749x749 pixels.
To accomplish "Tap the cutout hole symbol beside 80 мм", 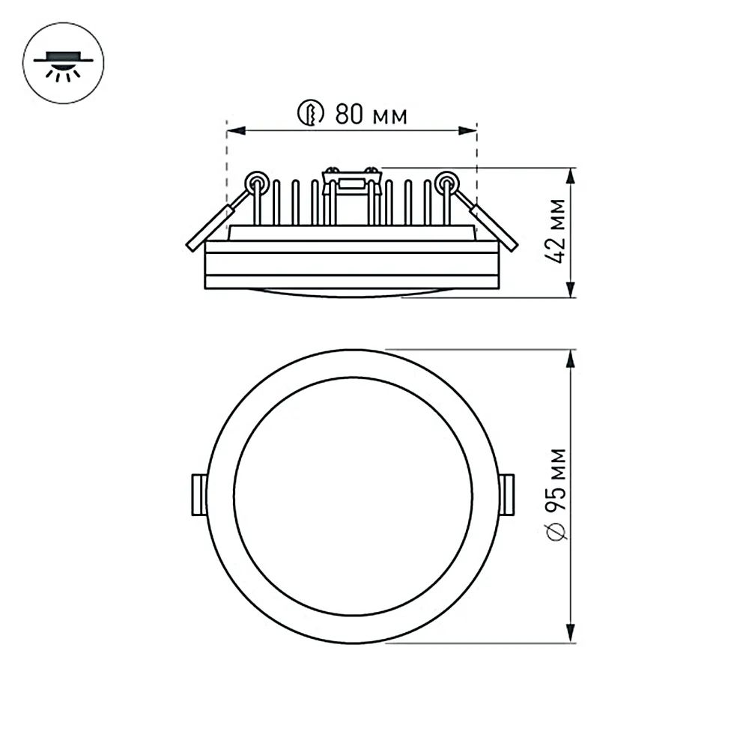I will [x=310, y=114].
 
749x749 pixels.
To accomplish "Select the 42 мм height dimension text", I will [x=557, y=231].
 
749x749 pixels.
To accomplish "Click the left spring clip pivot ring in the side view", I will [x=257, y=181].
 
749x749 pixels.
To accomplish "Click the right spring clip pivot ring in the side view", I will [x=447, y=181].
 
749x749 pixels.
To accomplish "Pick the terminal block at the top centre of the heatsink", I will [x=351, y=181].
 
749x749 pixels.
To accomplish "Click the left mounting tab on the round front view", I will [x=198, y=495].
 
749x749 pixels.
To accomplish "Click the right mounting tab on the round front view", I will [x=507, y=495].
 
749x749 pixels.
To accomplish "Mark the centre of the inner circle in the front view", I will [x=353, y=496].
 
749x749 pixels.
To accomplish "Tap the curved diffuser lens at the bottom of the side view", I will [x=352, y=293].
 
